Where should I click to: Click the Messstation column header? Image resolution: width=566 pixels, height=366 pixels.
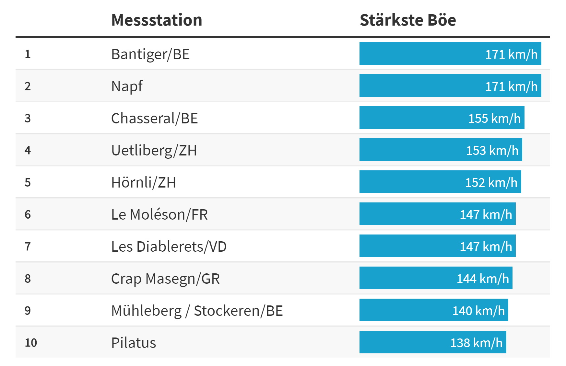(157, 20)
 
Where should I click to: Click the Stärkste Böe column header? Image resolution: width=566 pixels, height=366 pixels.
(407, 20)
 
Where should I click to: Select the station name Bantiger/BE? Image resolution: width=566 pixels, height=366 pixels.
(150, 54)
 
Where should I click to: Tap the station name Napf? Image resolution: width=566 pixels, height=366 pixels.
(127, 86)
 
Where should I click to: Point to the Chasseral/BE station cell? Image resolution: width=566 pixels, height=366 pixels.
(154, 118)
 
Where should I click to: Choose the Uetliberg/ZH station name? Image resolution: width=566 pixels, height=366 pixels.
(154, 150)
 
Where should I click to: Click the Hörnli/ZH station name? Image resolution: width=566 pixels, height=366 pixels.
(143, 182)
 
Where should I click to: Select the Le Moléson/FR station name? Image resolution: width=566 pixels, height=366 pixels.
(159, 214)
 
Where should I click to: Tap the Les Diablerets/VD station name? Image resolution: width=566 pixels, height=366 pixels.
(169, 246)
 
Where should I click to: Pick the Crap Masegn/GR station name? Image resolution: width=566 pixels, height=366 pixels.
(165, 279)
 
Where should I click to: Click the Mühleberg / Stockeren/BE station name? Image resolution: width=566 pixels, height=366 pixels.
(197, 311)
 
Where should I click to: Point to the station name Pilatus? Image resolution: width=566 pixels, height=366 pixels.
(134, 343)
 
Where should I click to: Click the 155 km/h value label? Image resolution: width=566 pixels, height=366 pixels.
(494, 118)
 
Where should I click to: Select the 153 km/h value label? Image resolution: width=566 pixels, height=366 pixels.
(492, 150)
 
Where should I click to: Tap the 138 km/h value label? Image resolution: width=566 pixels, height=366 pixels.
(476, 343)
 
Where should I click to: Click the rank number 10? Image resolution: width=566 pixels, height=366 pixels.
(31, 343)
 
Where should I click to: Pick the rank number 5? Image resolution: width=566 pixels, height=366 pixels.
(28, 182)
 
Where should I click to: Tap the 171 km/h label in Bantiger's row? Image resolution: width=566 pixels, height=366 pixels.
(511, 54)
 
